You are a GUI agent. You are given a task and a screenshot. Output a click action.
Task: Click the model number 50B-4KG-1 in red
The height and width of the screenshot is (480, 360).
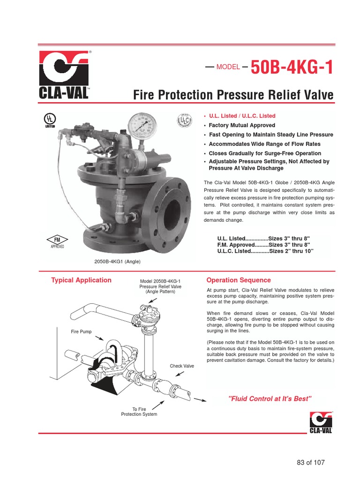click(292, 67)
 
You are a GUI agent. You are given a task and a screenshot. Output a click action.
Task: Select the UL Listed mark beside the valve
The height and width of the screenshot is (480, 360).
click(50, 120)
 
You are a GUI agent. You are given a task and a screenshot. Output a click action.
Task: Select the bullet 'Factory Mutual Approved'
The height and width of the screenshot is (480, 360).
click(242, 125)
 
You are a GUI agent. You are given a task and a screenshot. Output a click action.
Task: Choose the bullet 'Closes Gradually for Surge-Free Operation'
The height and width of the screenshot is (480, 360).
click(265, 153)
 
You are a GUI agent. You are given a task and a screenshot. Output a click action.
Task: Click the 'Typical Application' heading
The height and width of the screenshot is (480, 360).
click(81, 280)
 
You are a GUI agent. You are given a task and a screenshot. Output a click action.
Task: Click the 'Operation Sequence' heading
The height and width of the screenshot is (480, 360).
click(239, 280)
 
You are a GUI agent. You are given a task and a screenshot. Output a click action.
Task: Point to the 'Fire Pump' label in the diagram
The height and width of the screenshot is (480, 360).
click(81, 331)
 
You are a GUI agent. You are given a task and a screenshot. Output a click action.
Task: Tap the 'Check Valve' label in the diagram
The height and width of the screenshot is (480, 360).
click(182, 366)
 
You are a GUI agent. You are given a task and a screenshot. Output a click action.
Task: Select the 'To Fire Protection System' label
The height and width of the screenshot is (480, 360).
click(139, 412)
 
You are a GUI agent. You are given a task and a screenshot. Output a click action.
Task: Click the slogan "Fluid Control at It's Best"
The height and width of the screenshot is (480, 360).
click(270, 398)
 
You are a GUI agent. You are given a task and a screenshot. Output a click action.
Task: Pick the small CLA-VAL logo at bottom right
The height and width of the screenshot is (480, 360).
click(321, 422)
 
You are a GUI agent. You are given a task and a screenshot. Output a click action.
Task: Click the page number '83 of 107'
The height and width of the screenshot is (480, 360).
click(311, 462)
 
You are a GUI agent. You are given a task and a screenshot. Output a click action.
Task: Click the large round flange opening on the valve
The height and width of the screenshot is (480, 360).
click(172, 208)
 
